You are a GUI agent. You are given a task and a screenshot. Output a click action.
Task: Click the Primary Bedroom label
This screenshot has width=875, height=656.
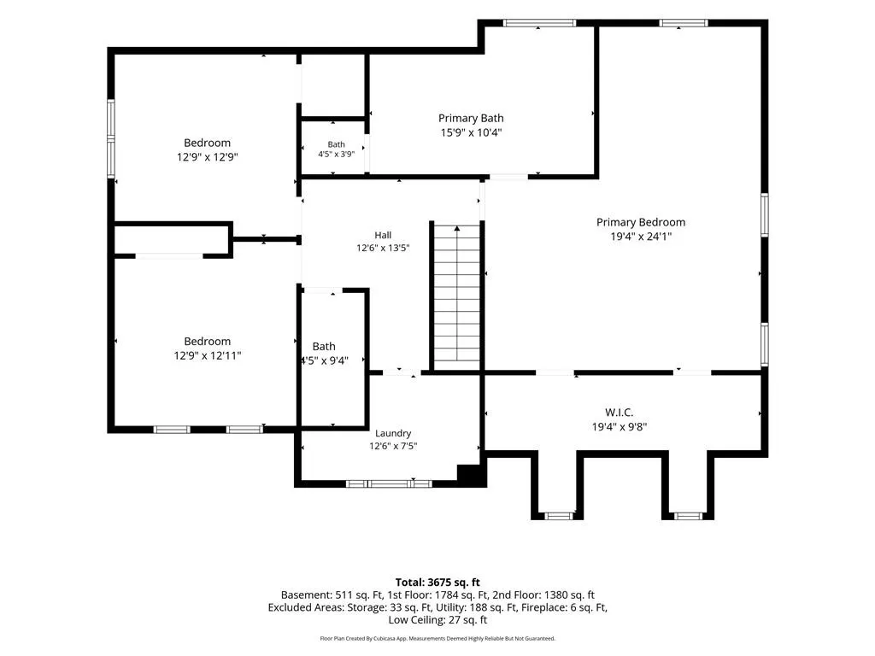click(x=641, y=222)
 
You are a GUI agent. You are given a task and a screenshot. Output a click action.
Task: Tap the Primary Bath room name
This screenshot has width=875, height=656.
click(x=471, y=118)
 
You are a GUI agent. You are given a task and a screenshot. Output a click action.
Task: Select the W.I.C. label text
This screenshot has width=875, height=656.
click(x=620, y=413)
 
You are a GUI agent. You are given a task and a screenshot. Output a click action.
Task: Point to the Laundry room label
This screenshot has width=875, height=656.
click(x=393, y=433)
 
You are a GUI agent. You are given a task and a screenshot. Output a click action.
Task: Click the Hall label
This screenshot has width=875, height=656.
click(x=383, y=236)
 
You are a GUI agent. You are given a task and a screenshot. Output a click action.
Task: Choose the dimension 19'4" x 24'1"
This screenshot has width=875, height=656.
click(x=641, y=237)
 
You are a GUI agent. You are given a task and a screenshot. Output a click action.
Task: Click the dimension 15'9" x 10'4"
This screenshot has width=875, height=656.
click(x=471, y=132)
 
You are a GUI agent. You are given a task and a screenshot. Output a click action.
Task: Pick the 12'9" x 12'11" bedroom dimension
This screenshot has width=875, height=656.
click(x=207, y=355)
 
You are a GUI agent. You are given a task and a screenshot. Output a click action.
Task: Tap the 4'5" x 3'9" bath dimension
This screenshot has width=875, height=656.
click(x=336, y=154)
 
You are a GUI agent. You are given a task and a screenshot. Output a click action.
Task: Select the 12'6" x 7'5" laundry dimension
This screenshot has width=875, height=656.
click(x=393, y=446)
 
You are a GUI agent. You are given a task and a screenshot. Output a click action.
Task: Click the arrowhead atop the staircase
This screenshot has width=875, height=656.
click(x=457, y=228)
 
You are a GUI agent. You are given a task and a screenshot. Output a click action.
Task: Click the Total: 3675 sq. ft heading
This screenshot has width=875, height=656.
click(x=437, y=583)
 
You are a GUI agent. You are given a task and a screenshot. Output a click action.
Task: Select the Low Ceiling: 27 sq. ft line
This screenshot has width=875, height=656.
click(x=437, y=620)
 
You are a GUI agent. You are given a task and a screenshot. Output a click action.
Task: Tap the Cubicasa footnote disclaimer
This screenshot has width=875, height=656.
click(x=437, y=639)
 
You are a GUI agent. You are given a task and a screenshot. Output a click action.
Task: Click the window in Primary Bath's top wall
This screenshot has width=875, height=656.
click(x=539, y=23)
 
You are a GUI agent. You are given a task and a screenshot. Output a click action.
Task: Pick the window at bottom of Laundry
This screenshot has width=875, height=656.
click(x=389, y=483)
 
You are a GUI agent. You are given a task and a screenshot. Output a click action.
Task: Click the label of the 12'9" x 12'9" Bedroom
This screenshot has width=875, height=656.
click(x=207, y=143)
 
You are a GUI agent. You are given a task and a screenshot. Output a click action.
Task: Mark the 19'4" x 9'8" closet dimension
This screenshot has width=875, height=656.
click(x=620, y=427)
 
